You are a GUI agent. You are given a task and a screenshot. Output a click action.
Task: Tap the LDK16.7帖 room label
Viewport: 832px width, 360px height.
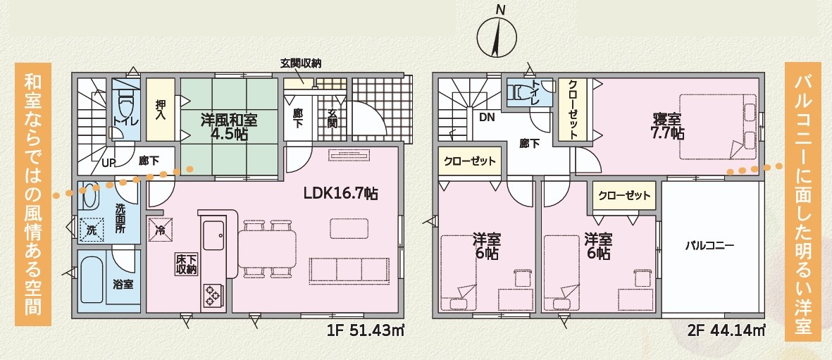(x=341, y=194)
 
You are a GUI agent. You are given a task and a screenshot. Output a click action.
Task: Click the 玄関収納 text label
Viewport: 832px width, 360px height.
(x=301, y=63)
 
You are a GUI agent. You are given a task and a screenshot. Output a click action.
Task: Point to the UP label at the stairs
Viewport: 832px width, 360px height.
(x=108, y=162)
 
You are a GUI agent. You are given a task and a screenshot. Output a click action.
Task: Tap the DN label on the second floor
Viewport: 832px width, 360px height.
(x=487, y=118)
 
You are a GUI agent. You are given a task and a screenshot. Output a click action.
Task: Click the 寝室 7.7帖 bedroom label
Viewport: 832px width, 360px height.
(x=668, y=125)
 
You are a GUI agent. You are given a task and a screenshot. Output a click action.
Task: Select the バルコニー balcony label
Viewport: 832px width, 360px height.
(x=709, y=246)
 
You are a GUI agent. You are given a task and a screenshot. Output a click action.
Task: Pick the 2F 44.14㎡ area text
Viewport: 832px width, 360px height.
(x=727, y=331)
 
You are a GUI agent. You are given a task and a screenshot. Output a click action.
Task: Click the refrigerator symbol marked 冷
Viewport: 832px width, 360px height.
(x=160, y=231)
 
